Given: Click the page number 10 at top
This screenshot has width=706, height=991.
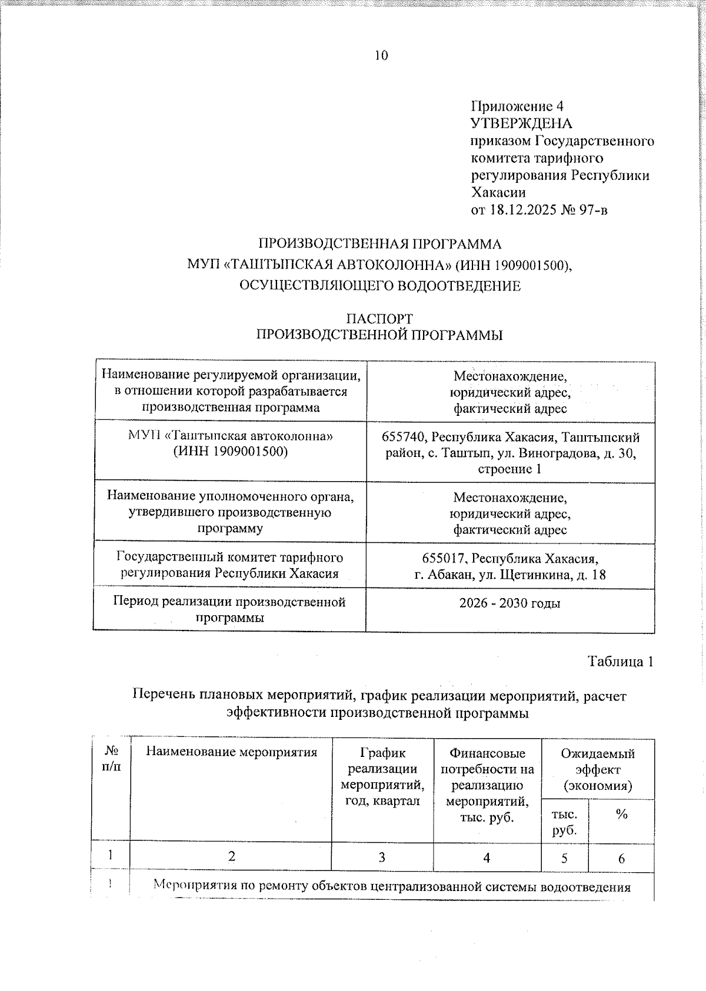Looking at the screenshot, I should click(x=381, y=55).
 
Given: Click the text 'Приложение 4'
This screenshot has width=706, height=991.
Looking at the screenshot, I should click(x=517, y=106).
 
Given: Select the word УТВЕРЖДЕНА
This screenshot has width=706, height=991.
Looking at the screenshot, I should click(x=521, y=124).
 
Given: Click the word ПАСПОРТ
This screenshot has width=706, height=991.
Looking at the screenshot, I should click(x=379, y=319).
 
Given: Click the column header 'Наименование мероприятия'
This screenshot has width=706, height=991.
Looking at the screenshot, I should click(x=231, y=752).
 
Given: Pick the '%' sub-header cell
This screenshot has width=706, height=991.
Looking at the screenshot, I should click(x=621, y=815).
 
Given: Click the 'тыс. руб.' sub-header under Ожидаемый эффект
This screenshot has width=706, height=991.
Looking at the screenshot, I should click(x=564, y=822).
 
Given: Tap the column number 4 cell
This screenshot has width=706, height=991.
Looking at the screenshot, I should click(x=487, y=858).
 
